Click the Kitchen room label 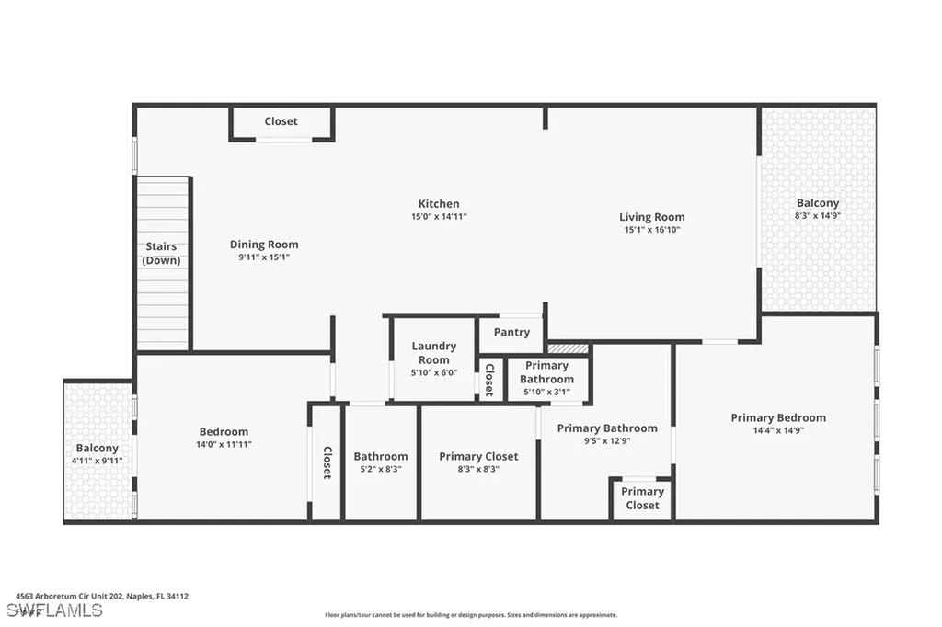coord(439,204)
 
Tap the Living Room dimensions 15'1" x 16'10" coord(651,231)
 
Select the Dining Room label coord(264,245)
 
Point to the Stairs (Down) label coord(161,254)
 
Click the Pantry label coord(511,332)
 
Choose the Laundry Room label coord(434,353)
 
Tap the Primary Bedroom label coord(778,417)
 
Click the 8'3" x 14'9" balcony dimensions coord(817,215)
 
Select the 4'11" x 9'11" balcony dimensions coord(98,461)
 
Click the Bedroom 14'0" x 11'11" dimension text coord(224,444)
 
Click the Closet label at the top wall coord(281,121)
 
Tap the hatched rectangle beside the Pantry coord(567,348)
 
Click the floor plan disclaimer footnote coord(470,615)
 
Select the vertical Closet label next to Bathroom coord(327,462)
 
